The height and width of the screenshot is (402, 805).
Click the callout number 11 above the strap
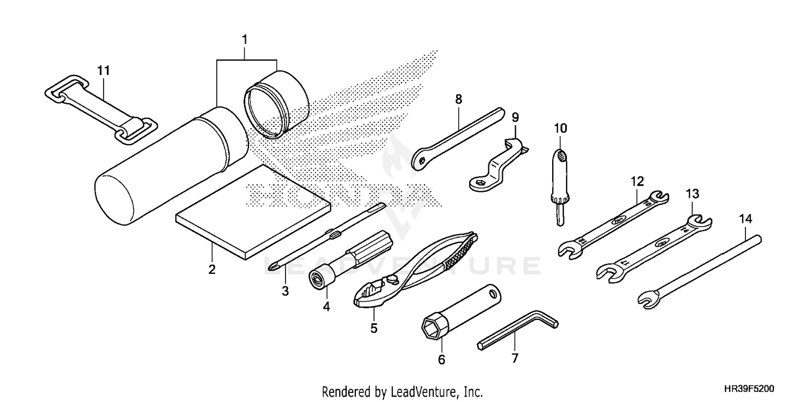point(103,70)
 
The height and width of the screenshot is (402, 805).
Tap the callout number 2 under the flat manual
point(212,269)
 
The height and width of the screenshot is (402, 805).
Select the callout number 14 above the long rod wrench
point(745,219)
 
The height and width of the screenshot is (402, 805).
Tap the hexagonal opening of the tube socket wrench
point(432,326)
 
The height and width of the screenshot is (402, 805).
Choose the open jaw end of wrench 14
point(648,300)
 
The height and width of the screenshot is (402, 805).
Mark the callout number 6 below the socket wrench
point(442,360)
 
